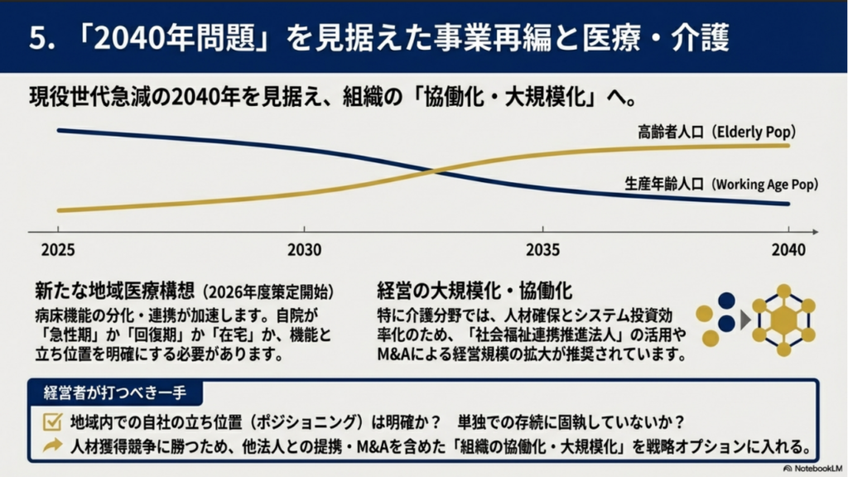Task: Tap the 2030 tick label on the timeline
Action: click(x=305, y=249)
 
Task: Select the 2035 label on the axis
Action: click(x=542, y=249)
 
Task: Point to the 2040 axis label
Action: click(x=788, y=249)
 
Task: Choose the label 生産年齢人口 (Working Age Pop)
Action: click(x=710, y=184)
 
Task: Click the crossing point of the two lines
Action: click(x=436, y=171)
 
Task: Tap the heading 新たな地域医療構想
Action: click(x=114, y=291)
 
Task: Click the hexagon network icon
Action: click(x=783, y=319)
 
